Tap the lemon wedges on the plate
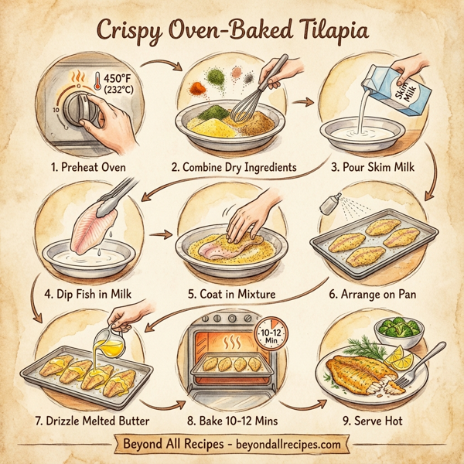coord(399,358)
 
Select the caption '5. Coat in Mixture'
coord(232,294)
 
